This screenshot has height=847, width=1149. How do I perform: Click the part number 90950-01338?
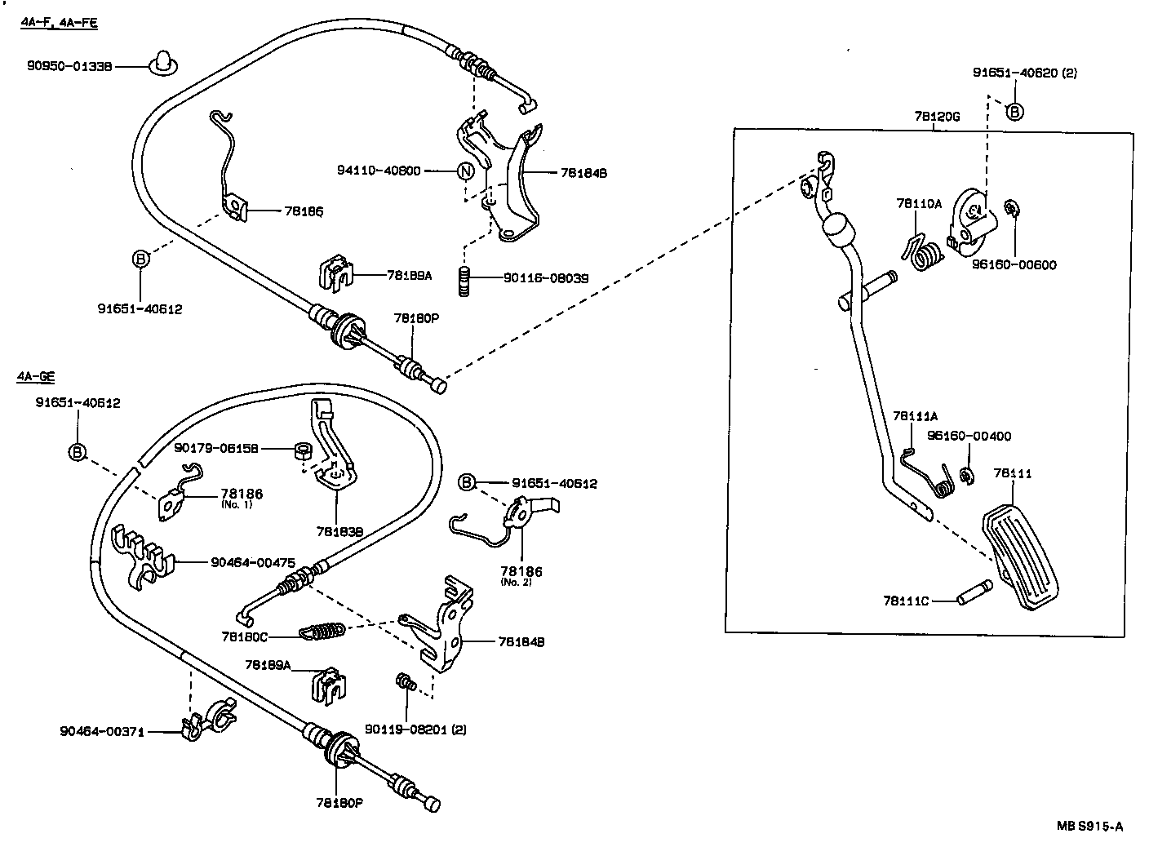click(x=69, y=66)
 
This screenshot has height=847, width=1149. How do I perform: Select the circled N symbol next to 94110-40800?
click(x=465, y=171)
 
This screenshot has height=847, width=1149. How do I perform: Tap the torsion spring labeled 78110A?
click(x=924, y=251)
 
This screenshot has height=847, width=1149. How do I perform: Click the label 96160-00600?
click(x=1014, y=264)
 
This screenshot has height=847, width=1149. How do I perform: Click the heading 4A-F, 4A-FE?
click(x=59, y=24)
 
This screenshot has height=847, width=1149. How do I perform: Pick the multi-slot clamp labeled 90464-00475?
click(x=141, y=555)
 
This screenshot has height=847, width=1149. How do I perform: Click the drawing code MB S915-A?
click(x=1089, y=826)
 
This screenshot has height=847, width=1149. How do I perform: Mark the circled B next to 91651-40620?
click(x=1014, y=112)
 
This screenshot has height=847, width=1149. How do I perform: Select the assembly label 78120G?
click(x=937, y=117)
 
